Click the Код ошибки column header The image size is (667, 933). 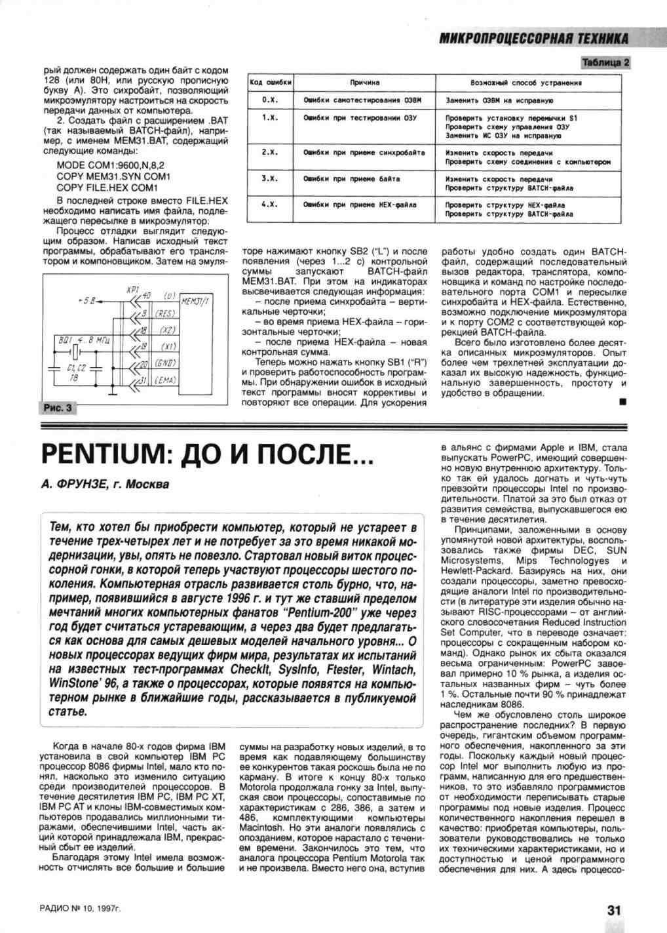pyautogui.click(x=271, y=83)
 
